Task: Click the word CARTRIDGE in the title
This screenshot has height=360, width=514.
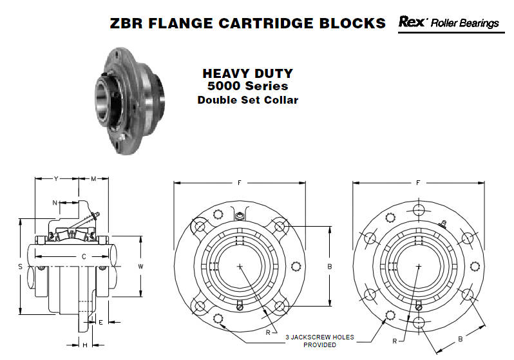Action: pyautogui.click(x=265, y=23)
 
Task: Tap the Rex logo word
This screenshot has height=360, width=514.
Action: pyautogui.click(x=412, y=22)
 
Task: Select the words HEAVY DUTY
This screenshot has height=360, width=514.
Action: pyautogui.click(x=247, y=73)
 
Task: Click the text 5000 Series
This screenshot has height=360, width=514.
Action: pyautogui.click(x=247, y=86)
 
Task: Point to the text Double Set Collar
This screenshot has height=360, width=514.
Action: pyautogui.click(x=247, y=100)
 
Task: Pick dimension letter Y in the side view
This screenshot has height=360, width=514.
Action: pyautogui.click(x=56, y=178)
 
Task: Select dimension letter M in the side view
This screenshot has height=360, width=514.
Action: pyautogui.click(x=94, y=178)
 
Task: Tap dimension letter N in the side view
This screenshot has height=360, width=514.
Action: pyautogui.click(x=55, y=203)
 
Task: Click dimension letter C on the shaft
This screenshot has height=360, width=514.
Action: pyautogui.click(x=84, y=256)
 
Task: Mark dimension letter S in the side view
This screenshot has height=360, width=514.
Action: pyautogui.click(x=21, y=267)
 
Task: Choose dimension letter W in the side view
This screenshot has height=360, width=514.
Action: pyautogui.click(x=140, y=266)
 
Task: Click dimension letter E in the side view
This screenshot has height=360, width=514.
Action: pyautogui.click(x=100, y=322)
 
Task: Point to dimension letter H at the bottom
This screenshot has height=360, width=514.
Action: pyautogui.click(x=85, y=345)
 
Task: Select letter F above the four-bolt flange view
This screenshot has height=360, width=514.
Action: pyautogui.click(x=240, y=183)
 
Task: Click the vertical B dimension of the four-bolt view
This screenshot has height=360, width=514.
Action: pyautogui.click(x=330, y=267)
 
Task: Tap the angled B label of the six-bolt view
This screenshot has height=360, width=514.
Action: pyautogui.click(x=461, y=339)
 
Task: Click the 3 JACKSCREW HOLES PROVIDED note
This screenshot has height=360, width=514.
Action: pyautogui.click(x=319, y=341)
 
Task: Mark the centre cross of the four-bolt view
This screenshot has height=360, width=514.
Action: pyautogui.click(x=240, y=266)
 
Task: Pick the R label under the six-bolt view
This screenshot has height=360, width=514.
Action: pyautogui.click(x=395, y=341)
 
